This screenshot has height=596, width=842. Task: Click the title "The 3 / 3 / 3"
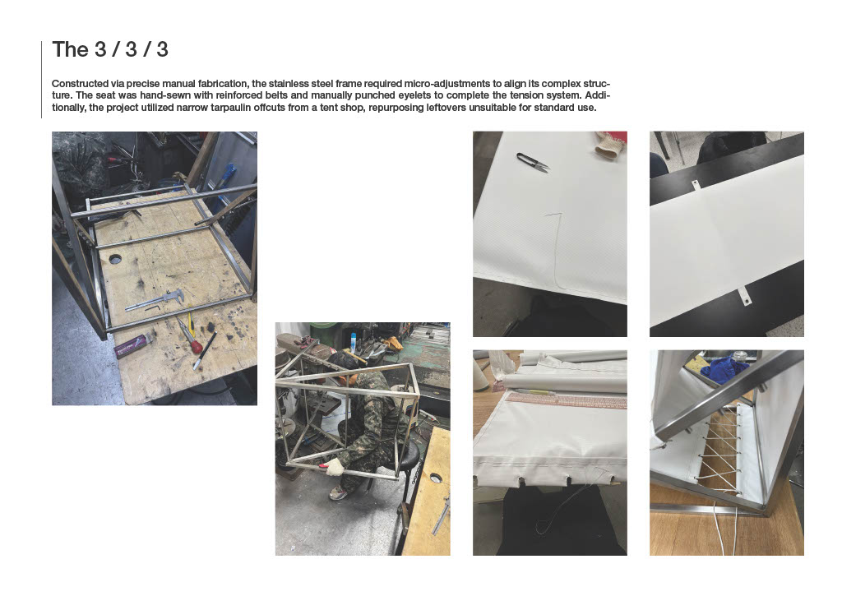pyautogui.click(x=110, y=49)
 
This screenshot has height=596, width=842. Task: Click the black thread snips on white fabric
pyautogui.click(x=533, y=162)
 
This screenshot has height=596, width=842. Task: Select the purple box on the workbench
pyautogui.click(x=132, y=344)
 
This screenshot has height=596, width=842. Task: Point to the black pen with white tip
pyautogui.click(x=205, y=351)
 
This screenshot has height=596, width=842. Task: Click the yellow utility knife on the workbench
pyautogui.click(x=191, y=325)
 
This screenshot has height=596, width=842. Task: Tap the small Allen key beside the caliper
pyautogui.click(x=153, y=308)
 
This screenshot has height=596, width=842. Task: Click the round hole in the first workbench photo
pyautogui.click(x=115, y=259)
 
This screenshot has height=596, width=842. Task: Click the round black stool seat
pyautogui.click(x=409, y=457)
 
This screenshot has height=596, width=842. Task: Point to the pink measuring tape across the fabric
pyautogui.click(x=567, y=400)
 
